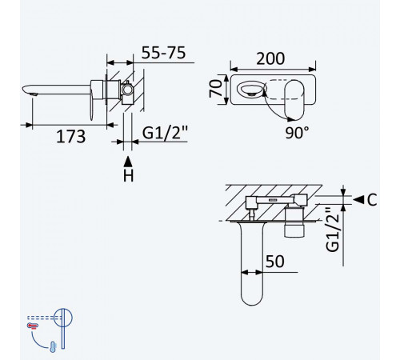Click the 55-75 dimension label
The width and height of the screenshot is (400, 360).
[x=163, y=53]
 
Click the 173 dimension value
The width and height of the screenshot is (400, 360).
[x=71, y=137]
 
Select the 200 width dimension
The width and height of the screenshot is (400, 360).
[x=270, y=58]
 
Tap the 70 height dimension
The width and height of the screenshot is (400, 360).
[x=215, y=88]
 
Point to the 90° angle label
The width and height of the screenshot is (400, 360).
[x=297, y=132]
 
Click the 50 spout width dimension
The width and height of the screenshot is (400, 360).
[x=275, y=262]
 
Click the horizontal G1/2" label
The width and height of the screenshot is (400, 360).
[x=165, y=133]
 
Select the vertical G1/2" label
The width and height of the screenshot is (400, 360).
[x=333, y=230]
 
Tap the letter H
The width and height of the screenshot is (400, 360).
[x=128, y=176]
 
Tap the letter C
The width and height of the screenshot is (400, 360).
[x=372, y=199]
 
